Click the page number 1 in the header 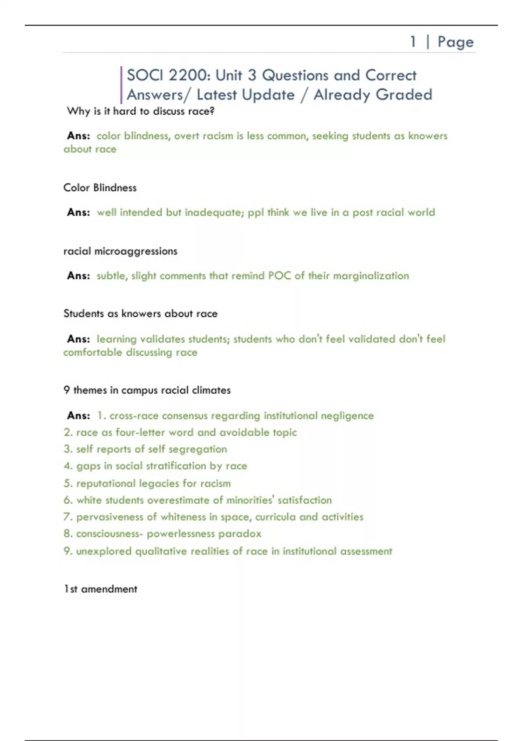[413, 42]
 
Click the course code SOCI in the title [145, 75]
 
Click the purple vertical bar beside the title [121, 85]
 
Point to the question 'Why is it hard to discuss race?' [140, 111]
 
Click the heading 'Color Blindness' [100, 187]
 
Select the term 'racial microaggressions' [120, 251]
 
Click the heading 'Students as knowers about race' [140, 313]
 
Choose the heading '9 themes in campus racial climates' [147, 390]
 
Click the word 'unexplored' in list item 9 [104, 551]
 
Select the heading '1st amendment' [100, 589]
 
